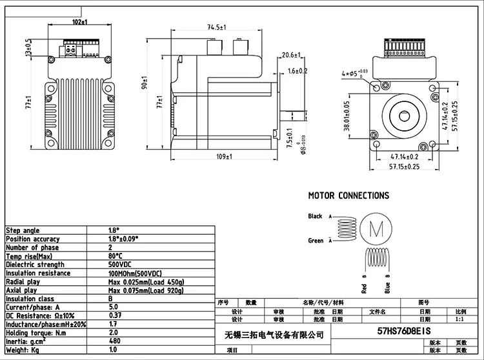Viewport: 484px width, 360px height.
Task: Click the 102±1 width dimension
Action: (x=81, y=22)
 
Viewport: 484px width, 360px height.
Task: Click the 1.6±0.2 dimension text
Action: (x=297, y=71)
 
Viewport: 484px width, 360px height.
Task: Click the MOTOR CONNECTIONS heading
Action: (x=348, y=195)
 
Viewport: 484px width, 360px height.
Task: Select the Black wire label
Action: (x=315, y=217)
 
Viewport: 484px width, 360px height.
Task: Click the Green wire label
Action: (x=315, y=241)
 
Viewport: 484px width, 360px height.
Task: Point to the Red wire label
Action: (x=365, y=287)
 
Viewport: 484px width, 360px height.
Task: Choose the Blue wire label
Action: (x=387, y=287)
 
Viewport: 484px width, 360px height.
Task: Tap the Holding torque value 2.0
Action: (x=114, y=332)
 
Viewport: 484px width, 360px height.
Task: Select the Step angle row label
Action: (x=23, y=230)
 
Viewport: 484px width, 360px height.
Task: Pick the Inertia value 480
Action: (x=115, y=341)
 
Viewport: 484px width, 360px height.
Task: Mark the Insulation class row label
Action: (x=30, y=299)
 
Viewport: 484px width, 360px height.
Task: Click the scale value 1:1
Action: (x=460, y=319)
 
